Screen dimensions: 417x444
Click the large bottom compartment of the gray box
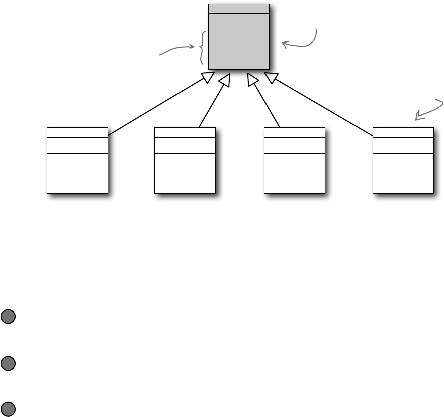pos(239,48)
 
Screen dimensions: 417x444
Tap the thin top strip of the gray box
pos(239,9)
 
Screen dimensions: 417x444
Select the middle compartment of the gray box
pos(239,22)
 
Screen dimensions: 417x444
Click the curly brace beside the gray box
pos(202,48)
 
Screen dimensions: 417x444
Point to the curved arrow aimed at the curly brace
pos(176,49)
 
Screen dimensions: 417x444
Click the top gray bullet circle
pos(8,316)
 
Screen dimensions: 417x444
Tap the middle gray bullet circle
pos(8,363)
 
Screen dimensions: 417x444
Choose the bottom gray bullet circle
pos(8,409)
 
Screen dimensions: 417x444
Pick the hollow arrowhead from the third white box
pos(253,79)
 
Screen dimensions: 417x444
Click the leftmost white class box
pos(77,161)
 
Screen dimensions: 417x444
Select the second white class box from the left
pos(185,161)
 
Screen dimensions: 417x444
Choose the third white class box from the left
pos(294,161)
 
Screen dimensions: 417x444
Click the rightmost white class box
pos(403,161)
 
